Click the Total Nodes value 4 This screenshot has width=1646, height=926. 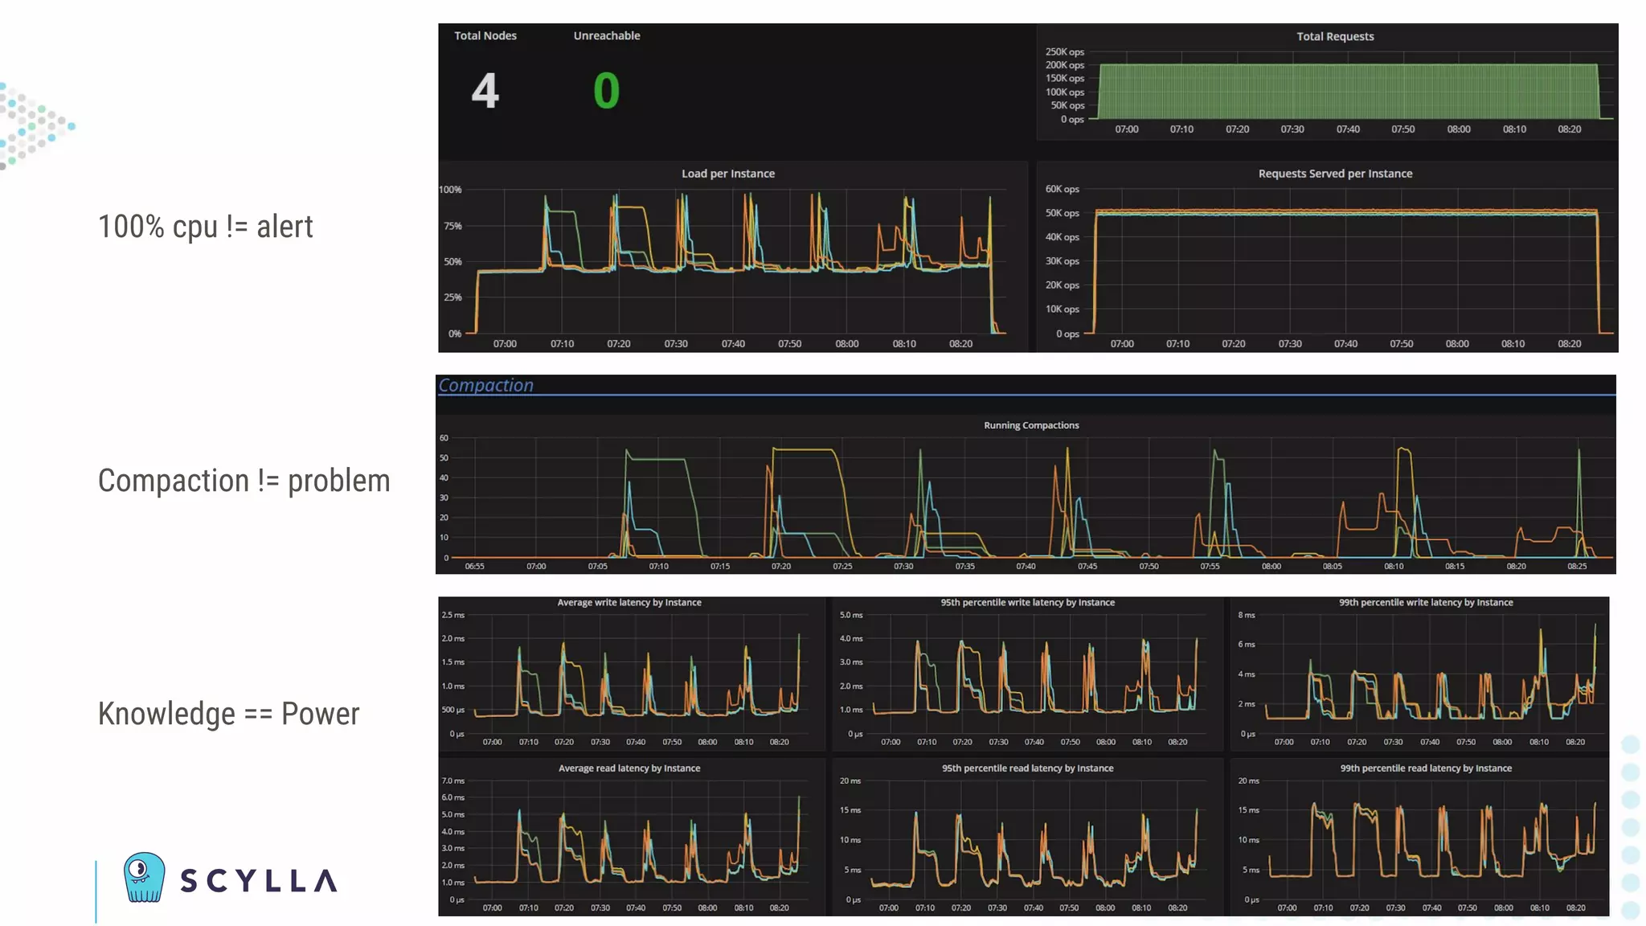[x=485, y=90]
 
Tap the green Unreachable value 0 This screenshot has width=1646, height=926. [x=606, y=90]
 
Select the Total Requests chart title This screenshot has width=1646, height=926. [x=1334, y=36]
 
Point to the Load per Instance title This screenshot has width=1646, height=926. [x=728, y=174]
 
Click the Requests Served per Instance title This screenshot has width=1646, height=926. [x=1334, y=174]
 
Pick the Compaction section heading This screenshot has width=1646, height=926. [x=485, y=385]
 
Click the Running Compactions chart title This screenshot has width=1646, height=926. [x=1031, y=425]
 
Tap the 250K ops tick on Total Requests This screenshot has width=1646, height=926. [x=1064, y=51]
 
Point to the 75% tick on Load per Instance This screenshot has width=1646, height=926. [x=452, y=226]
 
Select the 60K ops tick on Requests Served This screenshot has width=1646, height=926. [x=1062, y=189]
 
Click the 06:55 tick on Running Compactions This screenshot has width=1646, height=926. [x=474, y=567]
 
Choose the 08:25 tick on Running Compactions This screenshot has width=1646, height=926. [x=1577, y=567]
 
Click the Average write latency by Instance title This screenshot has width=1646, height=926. [x=629, y=602]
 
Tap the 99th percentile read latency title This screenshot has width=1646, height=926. [x=1425, y=768]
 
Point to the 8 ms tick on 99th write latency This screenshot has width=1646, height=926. [x=1246, y=615]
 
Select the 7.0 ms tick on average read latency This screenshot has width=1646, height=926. [x=452, y=781]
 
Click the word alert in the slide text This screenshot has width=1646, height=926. [x=285, y=227]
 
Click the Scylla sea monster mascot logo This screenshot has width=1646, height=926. [x=145, y=877]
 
